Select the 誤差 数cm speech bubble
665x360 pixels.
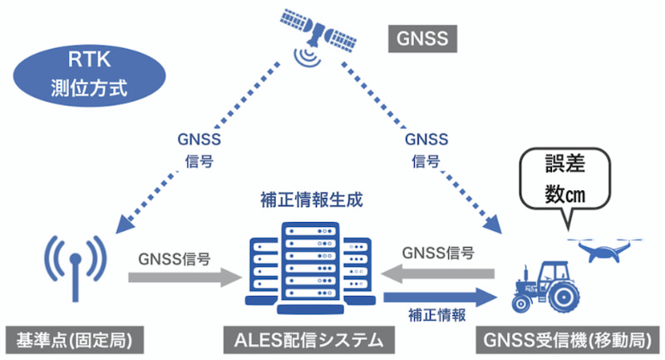565,179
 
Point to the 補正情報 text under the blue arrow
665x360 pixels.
436,314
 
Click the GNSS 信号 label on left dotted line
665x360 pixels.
199,149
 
